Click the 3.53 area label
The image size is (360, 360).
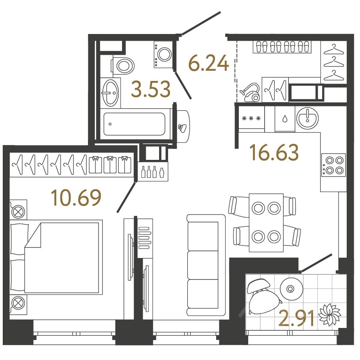pos(150,89)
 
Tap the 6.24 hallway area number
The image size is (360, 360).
pos(208,63)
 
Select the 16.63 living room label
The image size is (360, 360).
pos(274,152)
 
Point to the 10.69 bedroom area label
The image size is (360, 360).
pos(76,197)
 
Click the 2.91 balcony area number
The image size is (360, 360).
pos(296,318)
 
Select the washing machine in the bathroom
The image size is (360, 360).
pos(163,54)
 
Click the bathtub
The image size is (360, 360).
pos(134,124)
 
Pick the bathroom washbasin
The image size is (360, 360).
pos(111,93)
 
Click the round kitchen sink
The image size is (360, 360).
pos(307,118)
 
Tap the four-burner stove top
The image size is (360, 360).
pos(333,165)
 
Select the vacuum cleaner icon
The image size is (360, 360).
pos(250,92)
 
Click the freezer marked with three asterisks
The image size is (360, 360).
pos(251,118)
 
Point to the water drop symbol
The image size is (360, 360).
pos(285,119)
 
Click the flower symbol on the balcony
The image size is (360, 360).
pos(330,314)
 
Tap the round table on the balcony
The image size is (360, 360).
pos(291,289)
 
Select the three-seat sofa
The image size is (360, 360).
pos(206,265)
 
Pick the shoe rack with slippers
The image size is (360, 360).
pos(282,47)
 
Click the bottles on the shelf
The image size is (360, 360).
pos(153,172)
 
